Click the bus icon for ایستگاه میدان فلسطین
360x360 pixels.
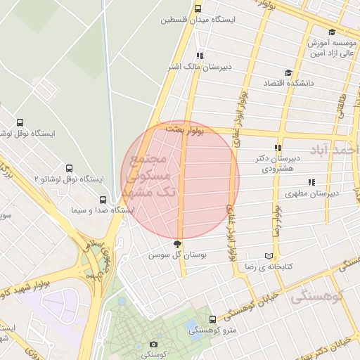198,9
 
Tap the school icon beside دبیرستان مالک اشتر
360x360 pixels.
200,55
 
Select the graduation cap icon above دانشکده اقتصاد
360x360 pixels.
287,72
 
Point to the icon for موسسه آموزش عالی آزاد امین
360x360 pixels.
331,32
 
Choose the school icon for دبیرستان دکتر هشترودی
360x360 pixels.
278,148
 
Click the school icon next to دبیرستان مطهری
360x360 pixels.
290,181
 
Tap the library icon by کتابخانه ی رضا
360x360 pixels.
268,256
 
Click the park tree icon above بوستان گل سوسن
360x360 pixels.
176,243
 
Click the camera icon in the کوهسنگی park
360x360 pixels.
154,344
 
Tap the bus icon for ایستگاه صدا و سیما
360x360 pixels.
103,200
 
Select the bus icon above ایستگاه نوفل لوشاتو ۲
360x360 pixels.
69,169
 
